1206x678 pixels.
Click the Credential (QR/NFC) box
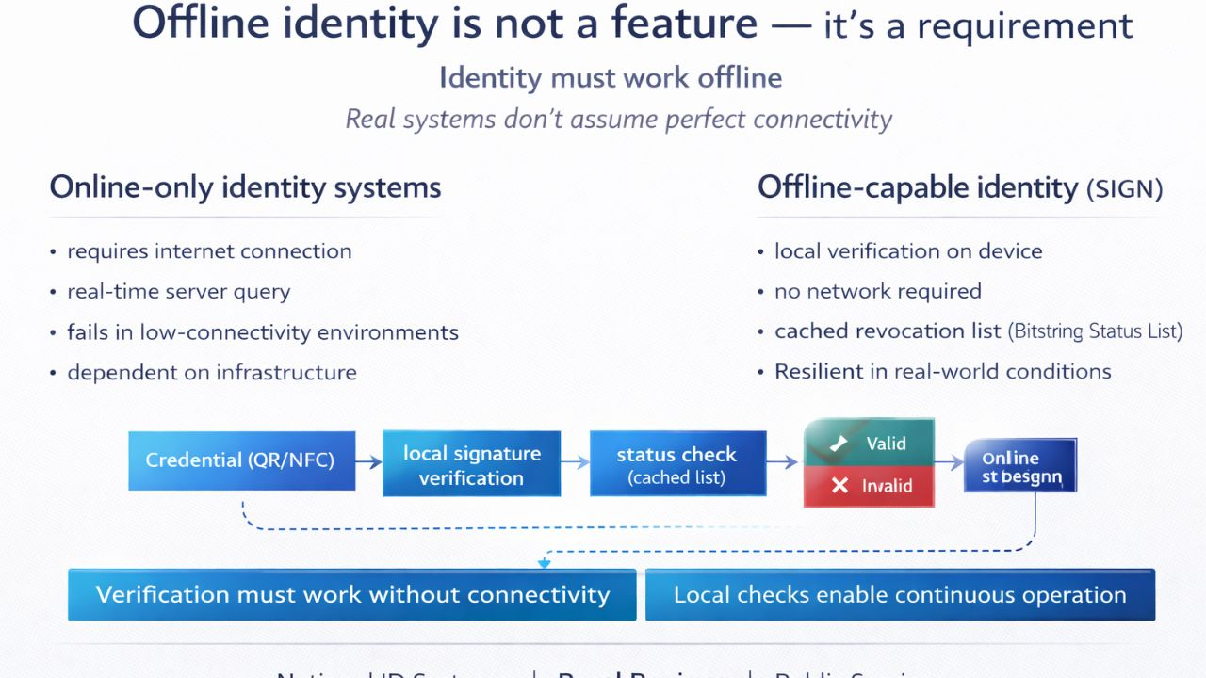coord(241,460)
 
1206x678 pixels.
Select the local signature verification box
coord(471,464)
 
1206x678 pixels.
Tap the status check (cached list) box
coord(676,464)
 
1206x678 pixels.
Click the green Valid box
coord(869,443)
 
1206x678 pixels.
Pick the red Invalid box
coord(869,486)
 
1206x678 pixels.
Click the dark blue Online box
coord(1019,465)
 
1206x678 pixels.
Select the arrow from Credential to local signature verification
coord(368,461)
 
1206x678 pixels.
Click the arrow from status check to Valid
coord(782,461)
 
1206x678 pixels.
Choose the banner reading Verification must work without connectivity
coord(352,595)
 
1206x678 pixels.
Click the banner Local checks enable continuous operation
coord(900,595)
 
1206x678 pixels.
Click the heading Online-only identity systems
coord(245,187)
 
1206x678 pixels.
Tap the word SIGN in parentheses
coord(1125,189)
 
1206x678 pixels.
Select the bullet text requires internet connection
coord(209,251)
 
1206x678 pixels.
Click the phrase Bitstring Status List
coord(1095,331)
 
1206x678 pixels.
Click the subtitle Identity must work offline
coord(611,77)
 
